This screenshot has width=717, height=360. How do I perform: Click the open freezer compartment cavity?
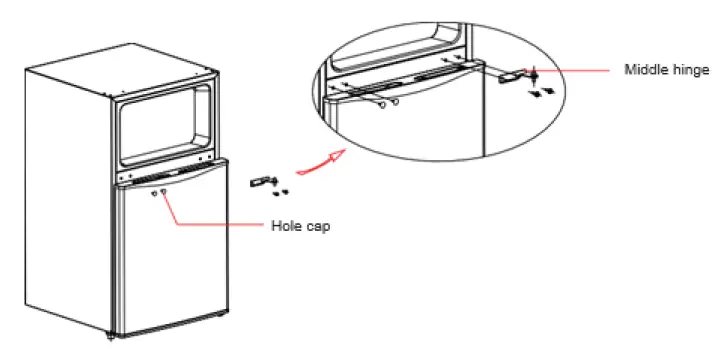[166, 124]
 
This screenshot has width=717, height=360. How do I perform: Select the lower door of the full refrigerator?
[170, 260]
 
